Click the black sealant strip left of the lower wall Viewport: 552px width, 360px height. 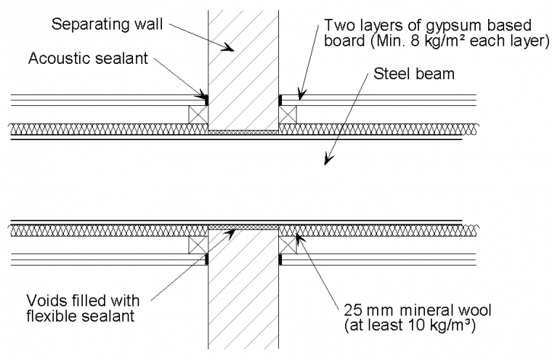206,258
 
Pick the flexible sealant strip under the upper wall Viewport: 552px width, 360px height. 243,132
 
